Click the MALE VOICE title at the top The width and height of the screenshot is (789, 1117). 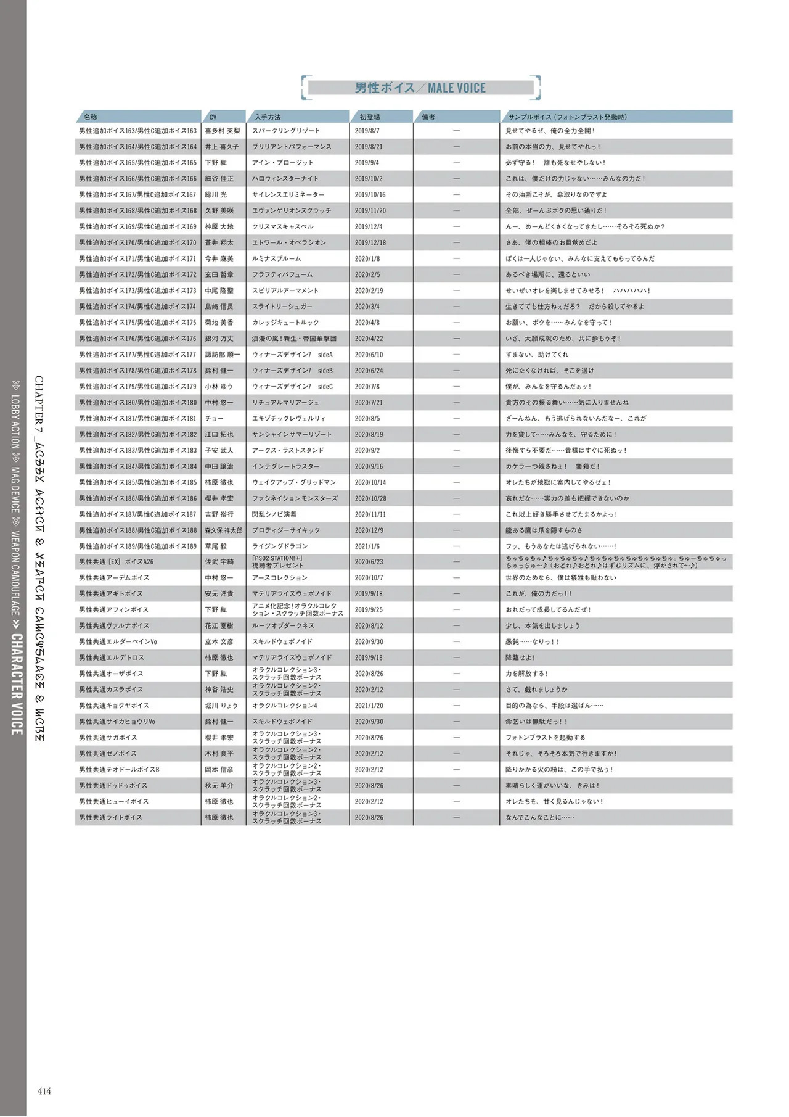[x=420, y=88]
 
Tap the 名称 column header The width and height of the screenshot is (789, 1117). [x=91, y=117]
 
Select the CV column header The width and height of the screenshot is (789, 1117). [x=213, y=117]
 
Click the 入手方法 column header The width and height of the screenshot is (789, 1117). [x=268, y=117]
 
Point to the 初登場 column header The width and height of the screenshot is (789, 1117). [x=370, y=117]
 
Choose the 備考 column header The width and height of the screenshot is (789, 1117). [x=428, y=117]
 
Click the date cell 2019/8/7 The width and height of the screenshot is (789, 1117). [x=367, y=131]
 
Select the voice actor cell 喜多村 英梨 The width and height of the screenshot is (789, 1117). [x=223, y=131]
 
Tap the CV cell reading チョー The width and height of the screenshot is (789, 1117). [x=215, y=418]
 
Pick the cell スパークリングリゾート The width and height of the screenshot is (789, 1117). [x=286, y=131]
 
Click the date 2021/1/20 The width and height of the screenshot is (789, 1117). [x=369, y=706]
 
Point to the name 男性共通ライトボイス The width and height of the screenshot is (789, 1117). [x=110, y=817]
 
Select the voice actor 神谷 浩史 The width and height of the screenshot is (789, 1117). [x=219, y=690]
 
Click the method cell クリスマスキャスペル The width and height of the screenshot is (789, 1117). [x=283, y=226]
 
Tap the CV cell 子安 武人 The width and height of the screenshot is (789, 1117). [x=219, y=450]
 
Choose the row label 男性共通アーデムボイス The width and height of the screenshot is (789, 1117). [x=114, y=578]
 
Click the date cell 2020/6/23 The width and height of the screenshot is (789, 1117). [x=369, y=562]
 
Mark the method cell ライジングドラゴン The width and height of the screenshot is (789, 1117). [x=280, y=546]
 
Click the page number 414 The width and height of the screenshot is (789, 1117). [x=44, y=1091]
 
